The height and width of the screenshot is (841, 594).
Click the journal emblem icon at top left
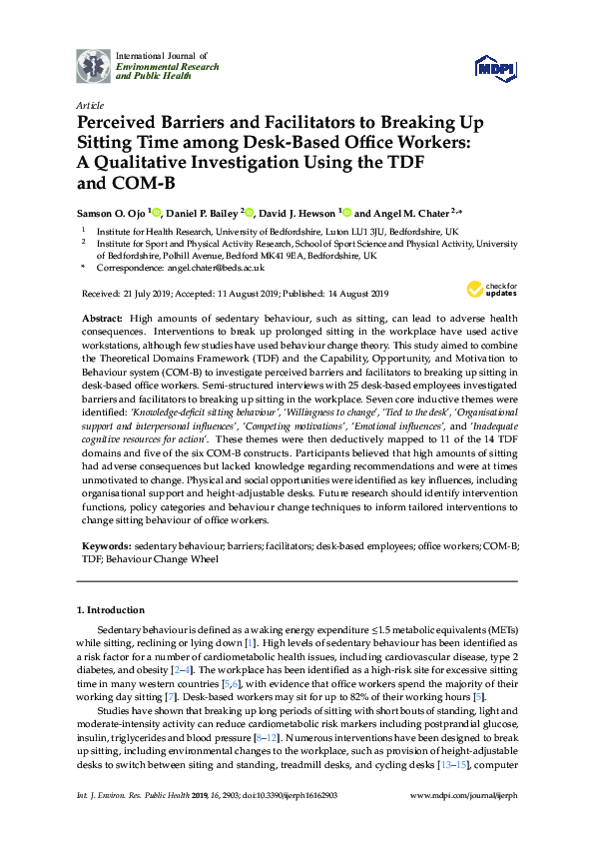coord(94,65)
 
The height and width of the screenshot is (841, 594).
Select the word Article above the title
coord(89,104)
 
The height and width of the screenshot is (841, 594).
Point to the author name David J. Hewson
coord(299,213)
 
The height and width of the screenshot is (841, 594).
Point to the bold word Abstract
coord(105,316)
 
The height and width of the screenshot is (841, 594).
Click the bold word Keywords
coord(105,548)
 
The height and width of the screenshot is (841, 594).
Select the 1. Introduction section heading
coord(111,609)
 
